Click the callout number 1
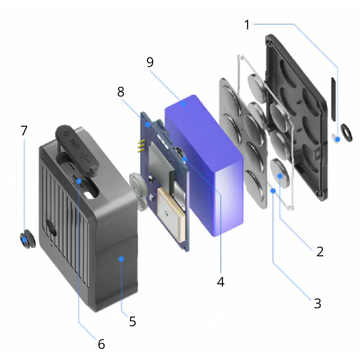(247, 25)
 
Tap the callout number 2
(320, 251)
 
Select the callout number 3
(317, 303)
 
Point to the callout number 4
(221, 282)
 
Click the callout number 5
(132, 321)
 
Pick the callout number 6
(102, 344)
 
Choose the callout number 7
(24, 130)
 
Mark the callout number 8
(121, 92)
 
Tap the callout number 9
(150, 62)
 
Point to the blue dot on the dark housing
(121, 258)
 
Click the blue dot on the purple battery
(183, 104)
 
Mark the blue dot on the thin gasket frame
(274, 191)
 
